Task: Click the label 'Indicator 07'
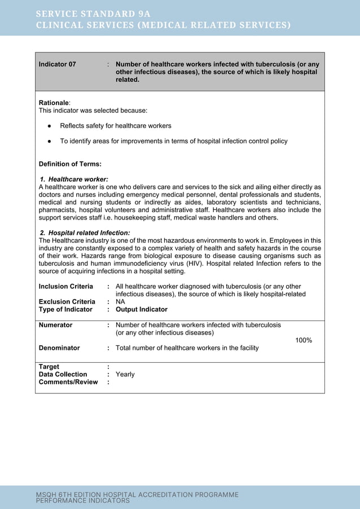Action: coord(57,64)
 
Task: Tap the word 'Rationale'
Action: coord(54,103)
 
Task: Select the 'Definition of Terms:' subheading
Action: coord(70,164)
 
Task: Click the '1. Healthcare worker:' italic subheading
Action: coord(74,179)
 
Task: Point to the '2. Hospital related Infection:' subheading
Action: coord(85,232)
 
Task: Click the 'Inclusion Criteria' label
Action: coord(65,287)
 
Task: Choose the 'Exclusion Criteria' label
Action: coord(67,302)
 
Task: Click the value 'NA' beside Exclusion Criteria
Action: coord(120,302)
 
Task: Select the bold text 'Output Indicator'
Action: coord(141,309)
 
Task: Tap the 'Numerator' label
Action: coord(55,325)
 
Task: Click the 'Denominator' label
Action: coord(59,348)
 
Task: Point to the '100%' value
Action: coord(304,340)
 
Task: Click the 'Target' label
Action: coord(49,367)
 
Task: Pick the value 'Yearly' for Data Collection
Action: coord(125,374)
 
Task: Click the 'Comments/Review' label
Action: coord(68,382)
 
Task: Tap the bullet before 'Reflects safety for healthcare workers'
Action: coord(50,126)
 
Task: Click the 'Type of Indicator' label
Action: coord(65,309)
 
